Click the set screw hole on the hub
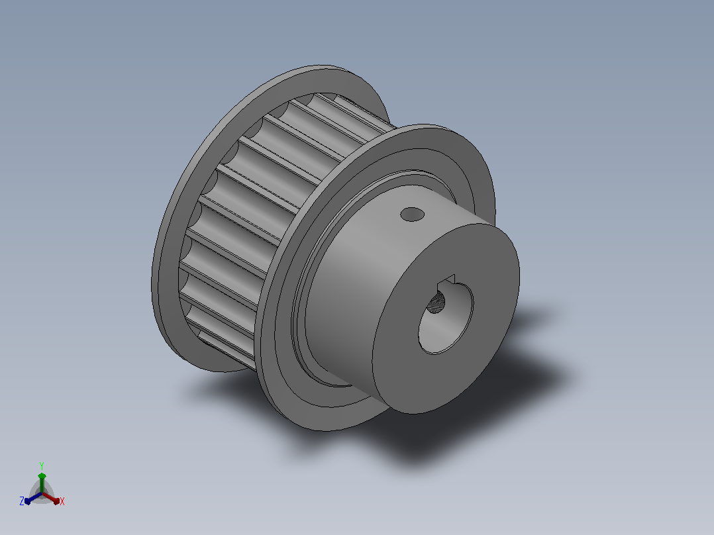click(x=413, y=214)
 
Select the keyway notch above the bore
click(x=446, y=281)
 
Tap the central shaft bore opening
click(x=445, y=318)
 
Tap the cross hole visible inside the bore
click(x=436, y=303)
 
